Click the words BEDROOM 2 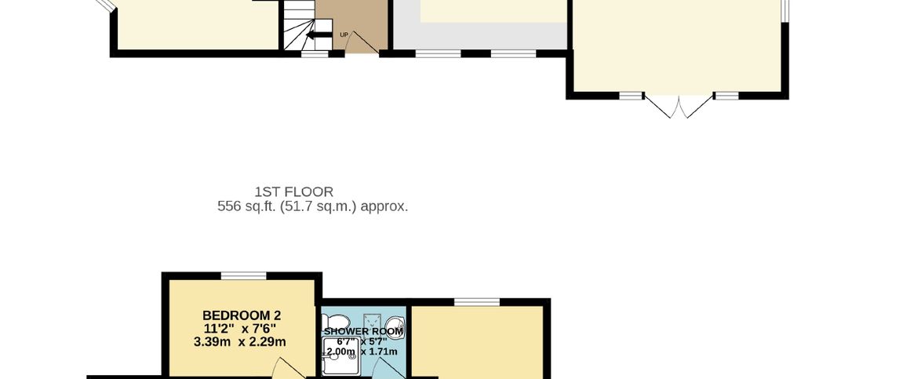pos(242,315)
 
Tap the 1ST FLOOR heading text pos(293,192)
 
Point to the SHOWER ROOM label pos(363,331)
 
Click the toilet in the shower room pos(336,321)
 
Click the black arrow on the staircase pos(319,35)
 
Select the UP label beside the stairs pos(344,35)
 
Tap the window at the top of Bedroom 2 pos(244,275)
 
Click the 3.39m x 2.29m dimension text pos(240,342)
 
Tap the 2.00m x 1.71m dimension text pos(362,352)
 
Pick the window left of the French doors pos(632,95)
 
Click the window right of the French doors pos(726,95)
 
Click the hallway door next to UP pos(366,42)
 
